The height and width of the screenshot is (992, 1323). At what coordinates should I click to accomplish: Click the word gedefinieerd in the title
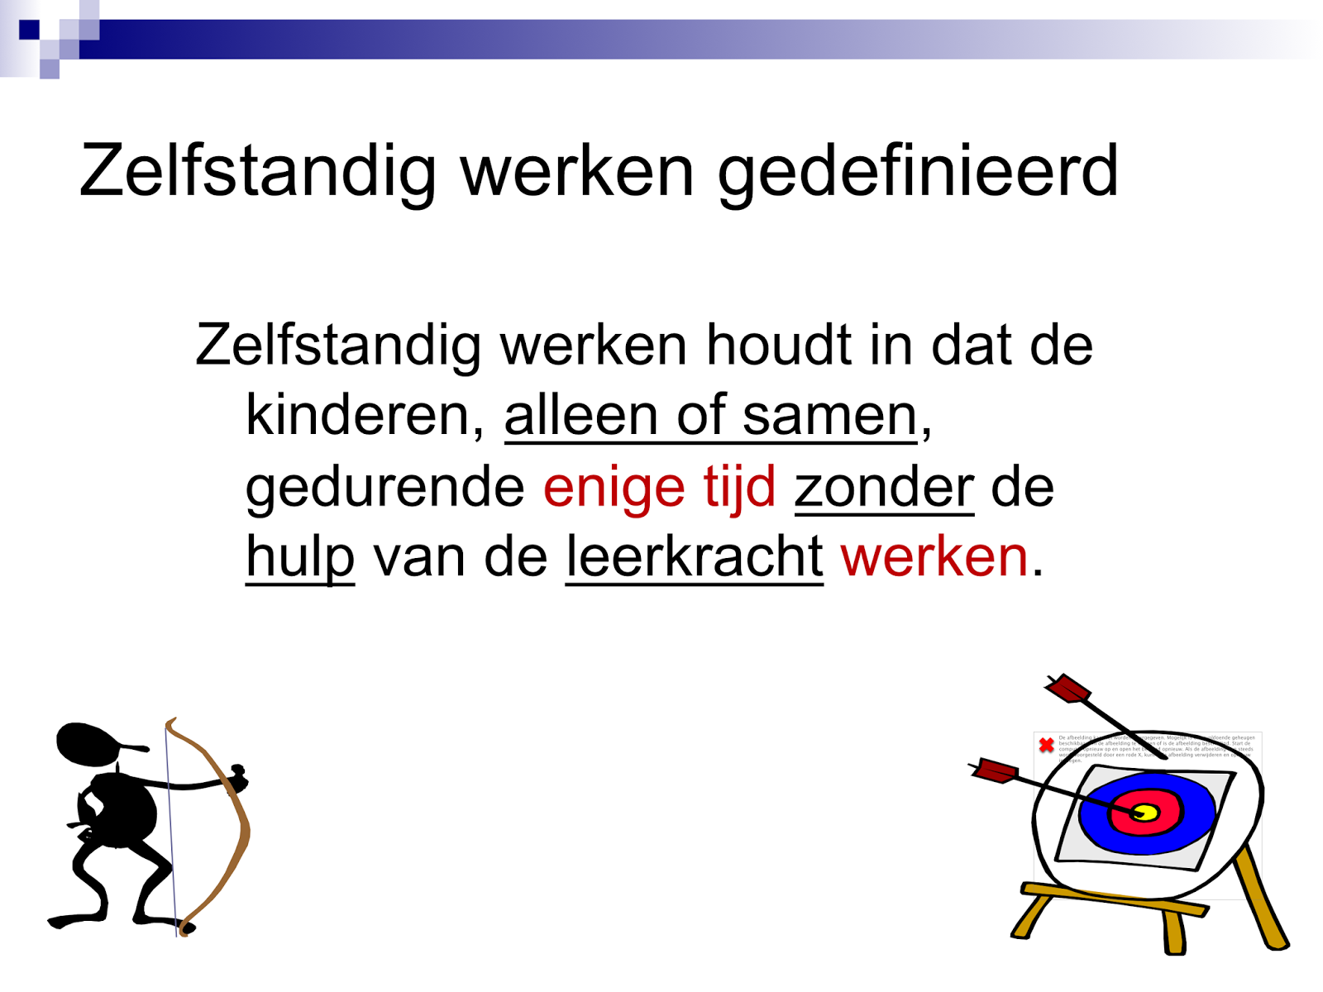[918, 172]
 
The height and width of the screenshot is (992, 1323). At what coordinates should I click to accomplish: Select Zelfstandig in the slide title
[257, 172]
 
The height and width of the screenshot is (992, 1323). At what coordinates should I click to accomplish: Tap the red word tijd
[739, 486]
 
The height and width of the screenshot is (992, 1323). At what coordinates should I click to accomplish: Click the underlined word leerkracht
[694, 556]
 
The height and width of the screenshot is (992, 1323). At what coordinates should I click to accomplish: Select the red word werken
[934, 556]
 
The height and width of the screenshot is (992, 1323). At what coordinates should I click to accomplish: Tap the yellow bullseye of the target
[1144, 813]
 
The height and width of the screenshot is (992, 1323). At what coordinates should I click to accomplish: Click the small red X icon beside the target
[1046, 745]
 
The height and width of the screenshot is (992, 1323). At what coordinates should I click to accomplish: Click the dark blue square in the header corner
[30, 30]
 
